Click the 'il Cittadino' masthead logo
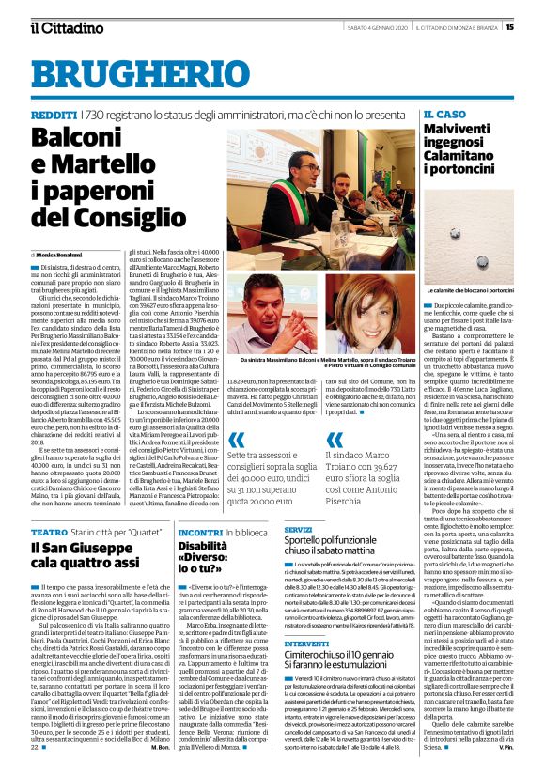(66, 27)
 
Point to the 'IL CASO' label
(444, 114)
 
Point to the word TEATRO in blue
(48, 531)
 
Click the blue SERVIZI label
(299, 530)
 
